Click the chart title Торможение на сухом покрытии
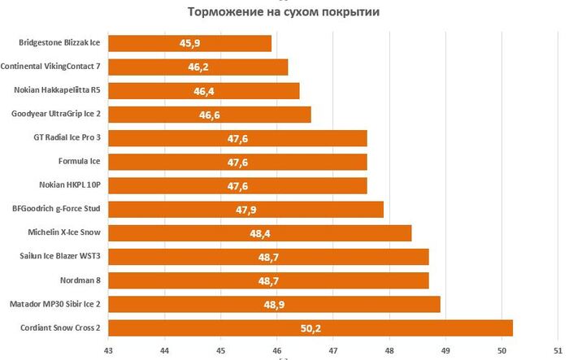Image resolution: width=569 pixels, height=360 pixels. point(284,11)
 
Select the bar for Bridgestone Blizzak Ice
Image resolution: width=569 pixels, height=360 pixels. point(189,43)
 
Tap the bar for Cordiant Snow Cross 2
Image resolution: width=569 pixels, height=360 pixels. point(310,328)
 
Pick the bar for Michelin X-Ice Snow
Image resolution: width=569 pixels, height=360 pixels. point(259,233)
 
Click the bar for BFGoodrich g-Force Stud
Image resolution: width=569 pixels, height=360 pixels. point(245,210)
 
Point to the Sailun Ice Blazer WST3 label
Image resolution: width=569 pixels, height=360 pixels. point(60,257)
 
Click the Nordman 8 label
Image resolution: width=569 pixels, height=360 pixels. point(80,280)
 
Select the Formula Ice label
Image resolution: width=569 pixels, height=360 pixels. point(80,162)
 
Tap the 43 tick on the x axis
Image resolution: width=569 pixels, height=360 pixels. point(108,349)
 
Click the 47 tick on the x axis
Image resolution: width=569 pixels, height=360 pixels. point(333,349)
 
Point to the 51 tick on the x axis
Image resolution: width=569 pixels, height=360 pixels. point(558,349)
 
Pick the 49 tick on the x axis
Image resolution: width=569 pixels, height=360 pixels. point(445,349)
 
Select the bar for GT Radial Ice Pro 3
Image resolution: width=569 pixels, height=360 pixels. point(237,138)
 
